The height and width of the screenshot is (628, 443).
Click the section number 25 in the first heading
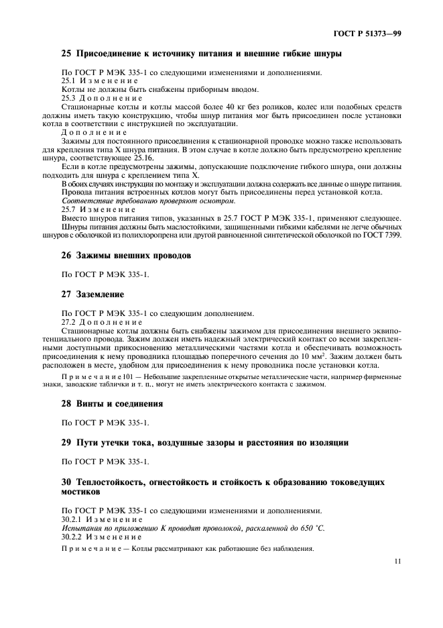click(x=66, y=54)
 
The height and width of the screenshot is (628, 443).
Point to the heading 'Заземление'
click(x=100, y=294)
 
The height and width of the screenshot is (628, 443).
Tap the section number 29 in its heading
click(x=66, y=443)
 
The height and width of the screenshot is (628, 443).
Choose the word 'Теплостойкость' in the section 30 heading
click(x=112, y=482)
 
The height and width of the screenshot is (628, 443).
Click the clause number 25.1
click(x=70, y=81)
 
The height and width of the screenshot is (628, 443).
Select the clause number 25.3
click(x=70, y=98)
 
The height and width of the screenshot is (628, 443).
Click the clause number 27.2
click(x=70, y=322)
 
